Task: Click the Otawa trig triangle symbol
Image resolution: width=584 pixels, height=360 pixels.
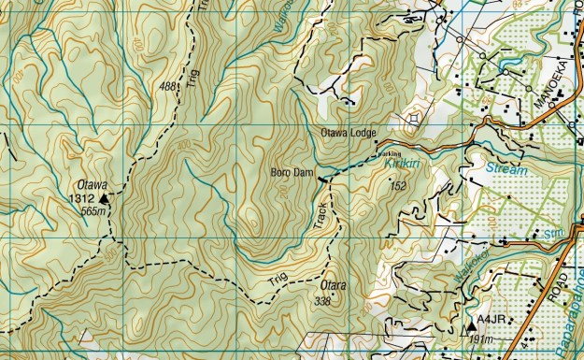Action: (105, 198)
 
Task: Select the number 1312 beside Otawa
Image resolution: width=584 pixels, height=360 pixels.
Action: (82, 199)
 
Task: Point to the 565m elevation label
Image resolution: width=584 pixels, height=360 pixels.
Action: (94, 212)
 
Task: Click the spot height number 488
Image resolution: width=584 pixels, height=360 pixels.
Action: (169, 87)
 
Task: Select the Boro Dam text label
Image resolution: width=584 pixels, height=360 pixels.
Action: (291, 173)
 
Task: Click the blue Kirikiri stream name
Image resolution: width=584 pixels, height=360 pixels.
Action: (403, 164)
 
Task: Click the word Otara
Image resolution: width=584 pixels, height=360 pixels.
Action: (334, 285)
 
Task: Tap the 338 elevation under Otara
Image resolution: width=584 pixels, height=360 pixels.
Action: (323, 300)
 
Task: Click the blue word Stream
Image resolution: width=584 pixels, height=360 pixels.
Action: (506, 170)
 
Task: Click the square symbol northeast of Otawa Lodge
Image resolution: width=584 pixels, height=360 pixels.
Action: (415, 119)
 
